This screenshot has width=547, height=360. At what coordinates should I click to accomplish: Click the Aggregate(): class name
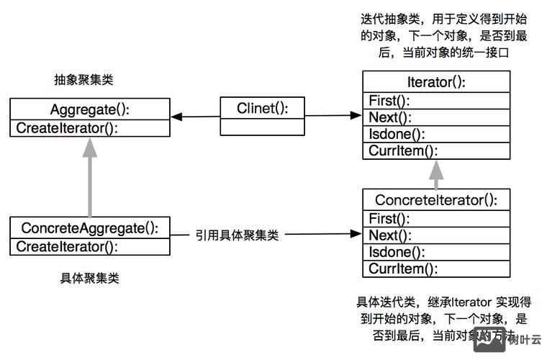(x=89, y=110)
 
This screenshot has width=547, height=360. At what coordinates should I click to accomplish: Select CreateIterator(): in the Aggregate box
(x=67, y=128)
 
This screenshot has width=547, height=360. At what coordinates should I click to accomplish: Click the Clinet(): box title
(x=262, y=109)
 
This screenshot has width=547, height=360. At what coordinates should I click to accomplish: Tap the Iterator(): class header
(x=436, y=81)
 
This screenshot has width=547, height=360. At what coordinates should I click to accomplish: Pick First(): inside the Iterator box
(x=389, y=100)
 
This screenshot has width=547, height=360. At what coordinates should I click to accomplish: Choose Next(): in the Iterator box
(x=389, y=117)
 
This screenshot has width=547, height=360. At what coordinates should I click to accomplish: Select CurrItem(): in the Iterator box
(x=402, y=151)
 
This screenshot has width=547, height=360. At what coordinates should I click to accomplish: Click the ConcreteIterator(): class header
(x=436, y=199)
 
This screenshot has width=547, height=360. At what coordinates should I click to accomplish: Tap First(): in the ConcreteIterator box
(x=389, y=218)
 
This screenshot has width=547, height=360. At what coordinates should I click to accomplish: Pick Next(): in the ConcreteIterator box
(x=389, y=235)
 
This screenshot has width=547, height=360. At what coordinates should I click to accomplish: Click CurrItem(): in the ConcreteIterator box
(x=402, y=269)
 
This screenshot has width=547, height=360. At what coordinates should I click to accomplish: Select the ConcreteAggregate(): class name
(x=89, y=228)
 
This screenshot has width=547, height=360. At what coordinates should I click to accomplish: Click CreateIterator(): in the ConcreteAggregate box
(x=67, y=247)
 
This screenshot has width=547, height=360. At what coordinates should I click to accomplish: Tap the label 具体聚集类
(x=89, y=278)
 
